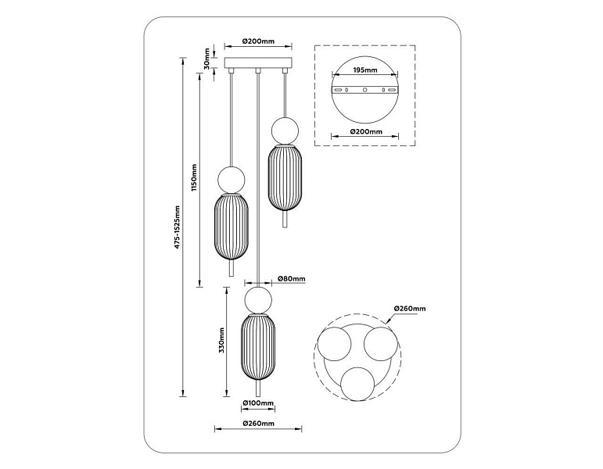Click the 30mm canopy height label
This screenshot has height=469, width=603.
pyautogui.click(x=207, y=59)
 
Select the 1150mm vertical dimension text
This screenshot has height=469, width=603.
pyautogui.click(x=194, y=177)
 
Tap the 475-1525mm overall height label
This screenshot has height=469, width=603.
pyautogui.click(x=177, y=227)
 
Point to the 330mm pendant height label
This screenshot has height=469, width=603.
pyautogui.click(x=221, y=341)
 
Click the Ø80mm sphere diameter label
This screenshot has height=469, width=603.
pyautogui.click(x=291, y=279)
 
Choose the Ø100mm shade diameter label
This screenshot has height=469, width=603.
pyautogui.click(x=258, y=403)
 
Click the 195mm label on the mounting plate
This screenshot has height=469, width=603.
pyautogui.click(x=365, y=70)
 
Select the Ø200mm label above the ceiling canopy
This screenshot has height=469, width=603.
pyautogui.click(x=258, y=41)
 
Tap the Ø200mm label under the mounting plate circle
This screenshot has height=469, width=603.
pyautogui.click(x=366, y=131)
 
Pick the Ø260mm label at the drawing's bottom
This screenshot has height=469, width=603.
pyautogui.click(x=258, y=423)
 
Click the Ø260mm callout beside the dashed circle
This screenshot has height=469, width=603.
pyautogui.click(x=410, y=308)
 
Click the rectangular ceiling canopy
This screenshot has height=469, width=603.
pyautogui.click(x=258, y=63)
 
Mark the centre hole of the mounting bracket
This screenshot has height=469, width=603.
pyautogui.click(x=365, y=90)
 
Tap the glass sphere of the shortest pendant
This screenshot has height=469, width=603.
pyautogui.click(x=285, y=131)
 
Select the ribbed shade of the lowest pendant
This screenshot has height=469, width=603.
pyautogui.click(x=258, y=347)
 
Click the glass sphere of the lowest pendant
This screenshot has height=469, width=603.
pyautogui.click(x=258, y=299)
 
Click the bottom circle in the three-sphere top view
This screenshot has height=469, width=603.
pyautogui.click(x=357, y=383)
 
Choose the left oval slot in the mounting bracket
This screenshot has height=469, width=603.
pyautogui.click(x=338, y=90)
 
